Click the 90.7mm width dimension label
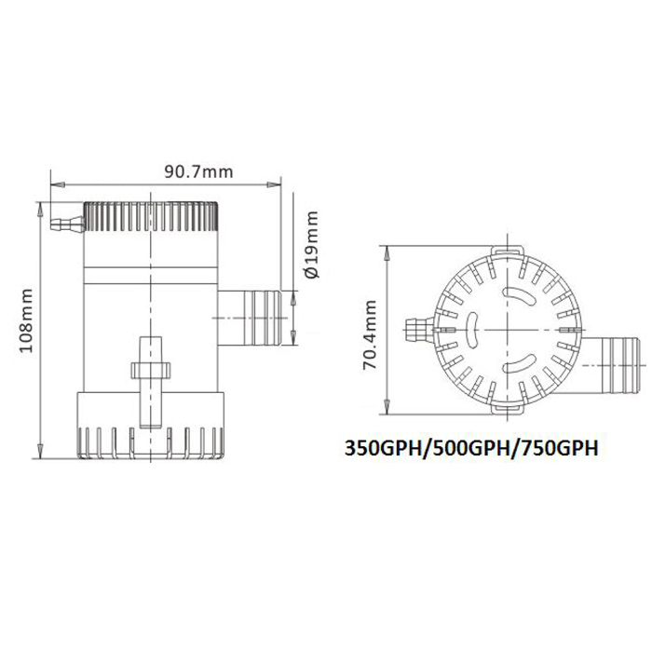pos(198,171)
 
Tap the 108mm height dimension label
pos(27,320)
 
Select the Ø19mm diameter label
pos(311,245)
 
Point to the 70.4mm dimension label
pos(369,334)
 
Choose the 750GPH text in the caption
pos(560,449)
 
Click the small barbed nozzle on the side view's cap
pos(67,224)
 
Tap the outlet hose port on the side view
pos(249,319)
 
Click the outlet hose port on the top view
pos(610,365)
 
